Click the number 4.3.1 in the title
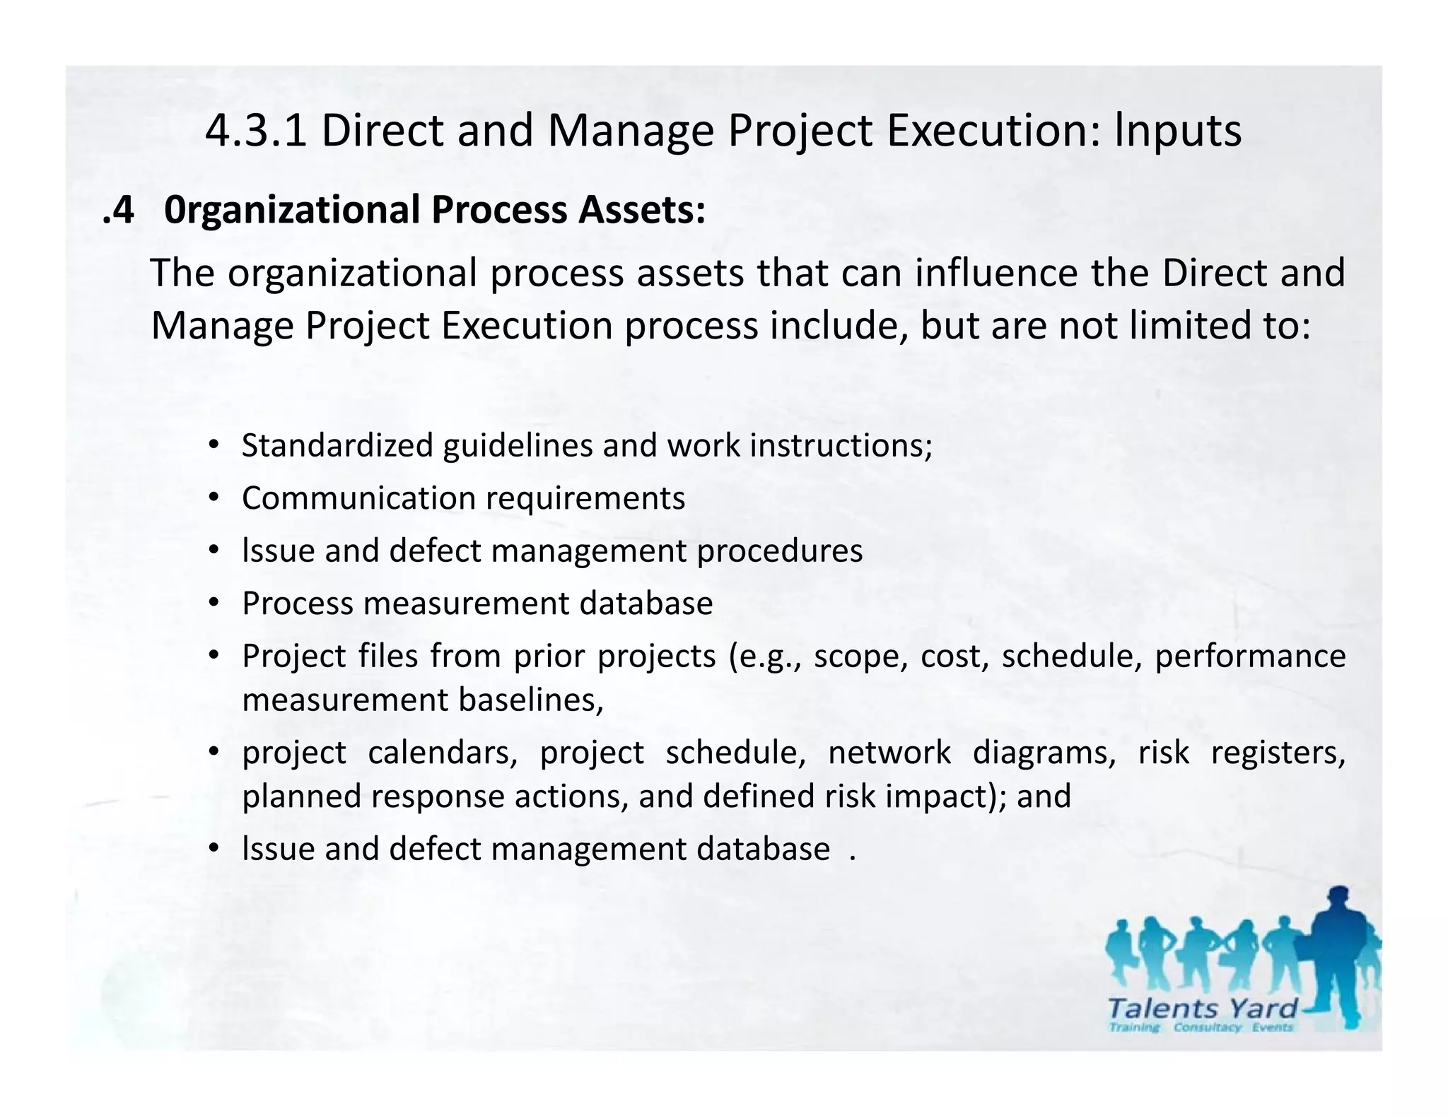click(x=256, y=131)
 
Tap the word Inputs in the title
click(x=1178, y=131)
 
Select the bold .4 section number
click(x=118, y=211)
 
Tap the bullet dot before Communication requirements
click(x=213, y=498)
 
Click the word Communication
click(x=358, y=498)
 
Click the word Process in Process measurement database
click(x=297, y=604)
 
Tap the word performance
click(x=1250, y=657)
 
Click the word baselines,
click(x=531, y=700)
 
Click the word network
click(x=889, y=753)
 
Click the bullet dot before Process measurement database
click(x=213, y=604)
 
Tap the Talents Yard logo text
click(x=1202, y=1008)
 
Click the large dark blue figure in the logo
click(x=1337, y=954)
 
